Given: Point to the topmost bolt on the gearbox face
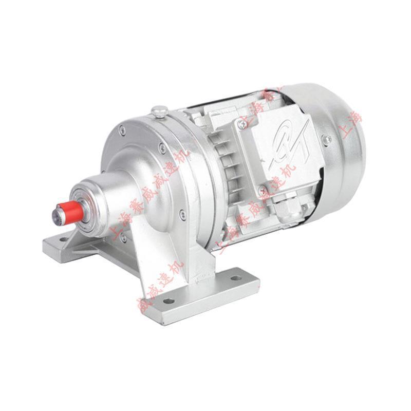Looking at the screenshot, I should [x=122, y=132].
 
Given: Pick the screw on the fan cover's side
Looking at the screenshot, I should [x=325, y=138].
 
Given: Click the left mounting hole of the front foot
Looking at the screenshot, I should [x=170, y=301].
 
